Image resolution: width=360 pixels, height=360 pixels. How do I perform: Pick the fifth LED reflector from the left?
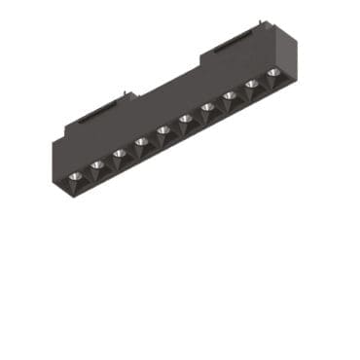163,130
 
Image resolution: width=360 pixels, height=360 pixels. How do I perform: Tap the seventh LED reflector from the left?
206,107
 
